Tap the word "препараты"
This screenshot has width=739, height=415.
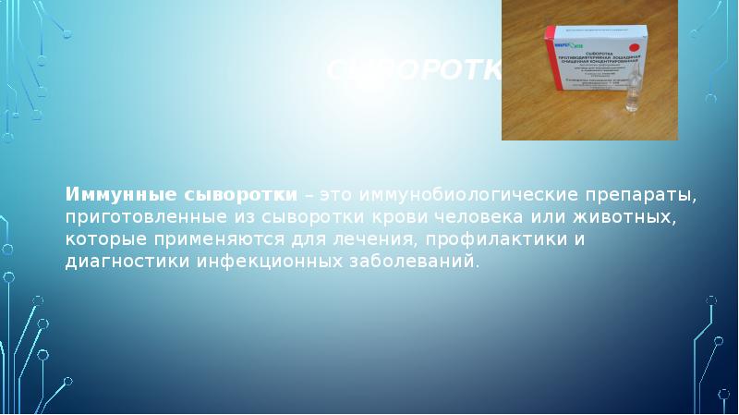point(638,197)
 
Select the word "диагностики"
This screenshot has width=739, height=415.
point(126,262)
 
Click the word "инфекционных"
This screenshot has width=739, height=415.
point(272,262)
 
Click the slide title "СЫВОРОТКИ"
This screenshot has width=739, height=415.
point(415,70)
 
